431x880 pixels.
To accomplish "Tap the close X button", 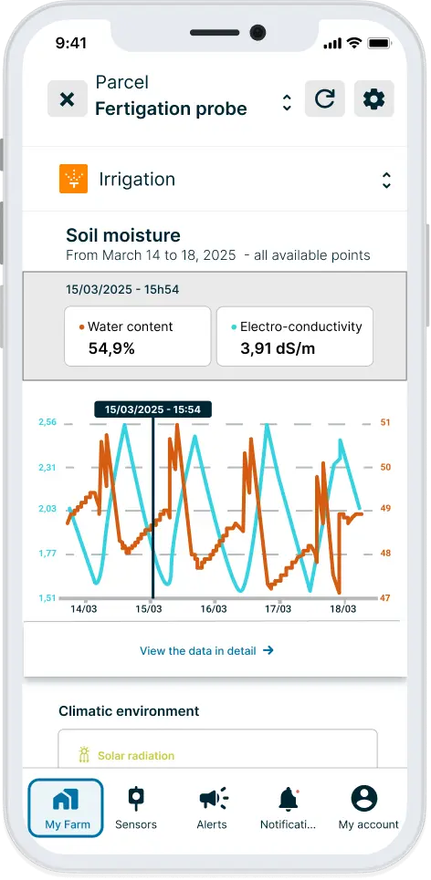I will pyautogui.click(x=67, y=98).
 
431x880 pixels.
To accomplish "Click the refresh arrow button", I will pyautogui.click(x=324, y=98).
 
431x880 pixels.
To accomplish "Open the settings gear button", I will pyautogui.click(x=373, y=98).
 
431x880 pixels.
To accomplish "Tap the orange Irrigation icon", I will pyautogui.click(x=73, y=179).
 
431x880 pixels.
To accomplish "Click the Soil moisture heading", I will pyautogui.click(x=123, y=235).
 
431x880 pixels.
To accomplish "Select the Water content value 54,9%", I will pyautogui.click(x=112, y=347).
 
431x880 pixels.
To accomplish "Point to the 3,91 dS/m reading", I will pyautogui.click(x=278, y=347).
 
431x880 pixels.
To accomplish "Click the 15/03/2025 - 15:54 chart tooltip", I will pyautogui.click(x=152, y=409).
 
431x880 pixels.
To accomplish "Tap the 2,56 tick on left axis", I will pyautogui.click(x=47, y=422).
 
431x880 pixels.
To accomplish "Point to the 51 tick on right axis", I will pyautogui.click(x=385, y=422).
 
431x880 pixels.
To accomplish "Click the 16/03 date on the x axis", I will pyautogui.click(x=213, y=609).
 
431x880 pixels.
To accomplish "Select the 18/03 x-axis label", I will pyautogui.click(x=342, y=609).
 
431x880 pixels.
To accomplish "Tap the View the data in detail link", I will pyautogui.click(x=206, y=651).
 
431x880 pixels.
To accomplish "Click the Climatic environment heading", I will pyautogui.click(x=129, y=710).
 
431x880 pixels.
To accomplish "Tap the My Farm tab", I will pyautogui.click(x=66, y=808).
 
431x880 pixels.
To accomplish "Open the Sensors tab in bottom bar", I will pyautogui.click(x=136, y=808).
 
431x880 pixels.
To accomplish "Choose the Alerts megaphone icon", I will pyautogui.click(x=213, y=799).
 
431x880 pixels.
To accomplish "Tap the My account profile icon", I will pyautogui.click(x=364, y=799).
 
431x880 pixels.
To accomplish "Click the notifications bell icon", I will pyautogui.click(x=289, y=799).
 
